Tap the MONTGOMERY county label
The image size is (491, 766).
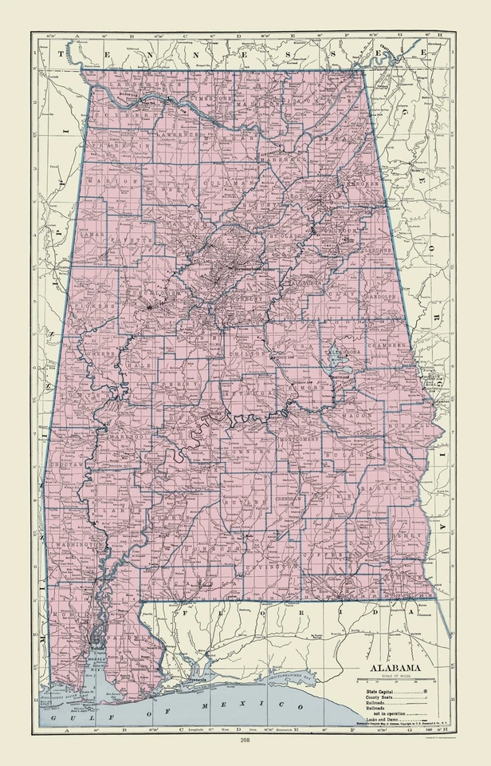[299, 440]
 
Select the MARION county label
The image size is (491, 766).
[108, 181]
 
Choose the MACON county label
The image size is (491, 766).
[357, 416]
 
